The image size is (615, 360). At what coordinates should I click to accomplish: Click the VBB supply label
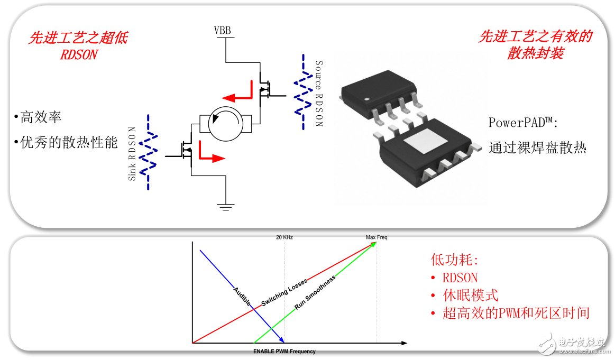222,30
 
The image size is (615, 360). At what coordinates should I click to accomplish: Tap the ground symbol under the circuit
226,207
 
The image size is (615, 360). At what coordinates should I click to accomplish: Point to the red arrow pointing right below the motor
211,156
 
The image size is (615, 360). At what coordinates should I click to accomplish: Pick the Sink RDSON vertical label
133,153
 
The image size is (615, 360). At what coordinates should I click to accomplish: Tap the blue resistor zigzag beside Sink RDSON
149,152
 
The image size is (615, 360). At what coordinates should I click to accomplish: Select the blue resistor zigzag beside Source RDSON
303,91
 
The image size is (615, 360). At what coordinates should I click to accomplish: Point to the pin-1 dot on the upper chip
365,99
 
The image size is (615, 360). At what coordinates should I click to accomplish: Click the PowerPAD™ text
523,123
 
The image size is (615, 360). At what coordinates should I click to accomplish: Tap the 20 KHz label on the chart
284,237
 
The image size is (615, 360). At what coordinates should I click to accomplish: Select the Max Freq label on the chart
377,237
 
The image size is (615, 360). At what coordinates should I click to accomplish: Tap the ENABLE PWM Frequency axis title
284,352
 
